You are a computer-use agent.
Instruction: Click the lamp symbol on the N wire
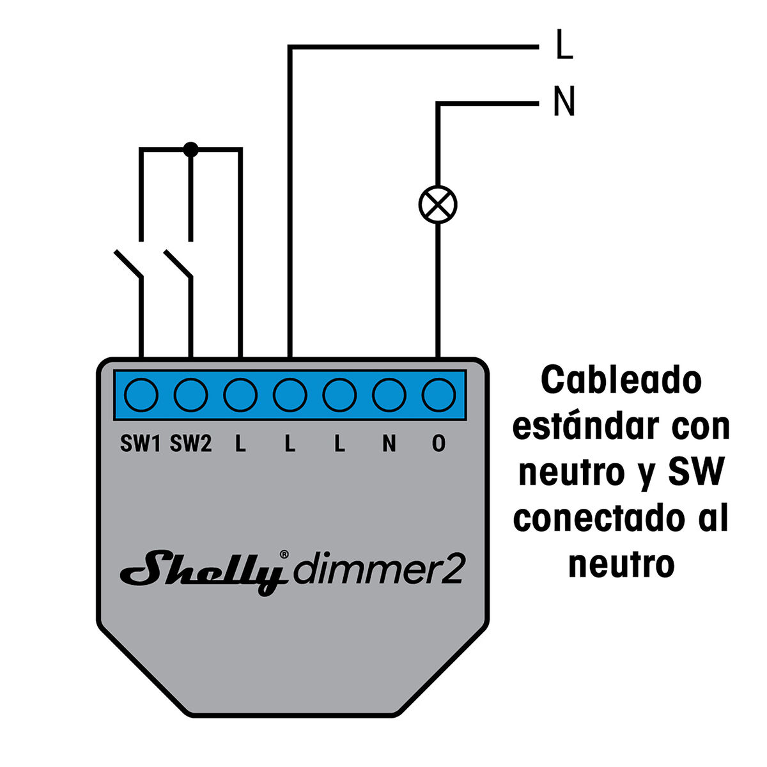(438, 205)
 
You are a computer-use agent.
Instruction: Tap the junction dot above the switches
(190, 150)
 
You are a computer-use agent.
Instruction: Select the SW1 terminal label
(140, 444)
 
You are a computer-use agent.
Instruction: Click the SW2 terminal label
(190, 444)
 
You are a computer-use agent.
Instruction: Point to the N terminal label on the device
(389, 444)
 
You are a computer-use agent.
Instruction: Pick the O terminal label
(438, 444)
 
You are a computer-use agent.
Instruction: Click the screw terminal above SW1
(141, 394)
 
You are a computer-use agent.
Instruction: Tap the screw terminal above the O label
(438, 394)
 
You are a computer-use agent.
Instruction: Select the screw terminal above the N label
(389, 394)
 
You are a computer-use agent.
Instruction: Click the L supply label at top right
(564, 46)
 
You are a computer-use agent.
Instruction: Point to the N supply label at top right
(564, 102)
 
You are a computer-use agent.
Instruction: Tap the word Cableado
(621, 381)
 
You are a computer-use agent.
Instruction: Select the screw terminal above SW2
(190, 394)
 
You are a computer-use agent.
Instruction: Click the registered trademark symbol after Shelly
(285, 554)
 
